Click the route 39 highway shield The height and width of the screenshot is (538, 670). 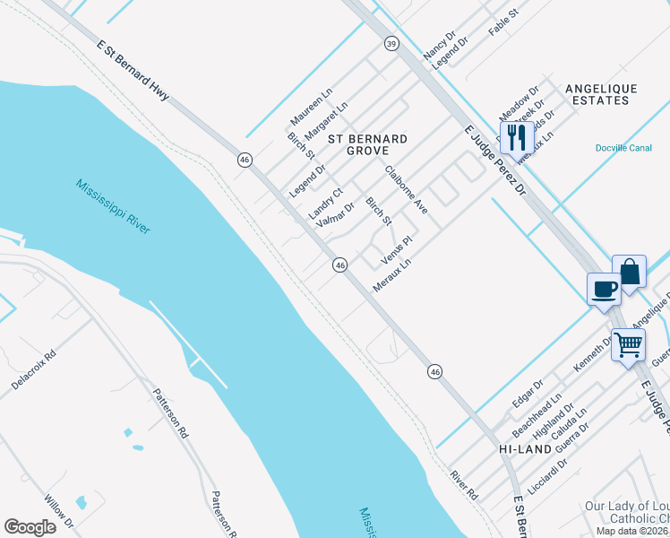click(x=391, y=43)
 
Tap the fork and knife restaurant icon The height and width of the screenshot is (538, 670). click(x=517, y=137)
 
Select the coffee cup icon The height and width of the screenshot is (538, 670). click(x=603, y=290)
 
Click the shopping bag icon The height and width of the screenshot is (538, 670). click(x=629, y=272)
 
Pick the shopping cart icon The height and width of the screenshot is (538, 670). click(x=628, y=343)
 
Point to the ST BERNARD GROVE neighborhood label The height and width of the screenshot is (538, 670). click(x=367, y=146)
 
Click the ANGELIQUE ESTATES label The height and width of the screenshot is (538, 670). click(x=601, y=94)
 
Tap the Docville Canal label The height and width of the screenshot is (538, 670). click(x=623, y=148)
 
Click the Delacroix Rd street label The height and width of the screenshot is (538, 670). click(x=34, y=369)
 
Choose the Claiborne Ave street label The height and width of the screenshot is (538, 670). click(x=407, y=188)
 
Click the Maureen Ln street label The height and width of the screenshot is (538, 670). click(x=311, y=107)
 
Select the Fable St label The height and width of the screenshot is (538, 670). click(x=503, y=23)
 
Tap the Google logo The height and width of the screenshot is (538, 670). click(x=30, y=526)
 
